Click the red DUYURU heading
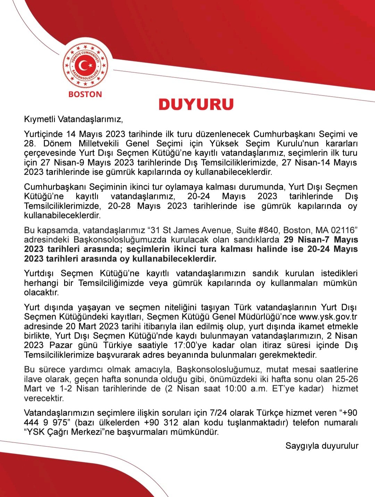(196, 104)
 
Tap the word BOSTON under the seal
(85, 94)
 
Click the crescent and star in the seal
(85, 66)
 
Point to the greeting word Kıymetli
(40, 119)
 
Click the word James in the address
(190, 230)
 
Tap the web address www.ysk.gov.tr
(328, 317)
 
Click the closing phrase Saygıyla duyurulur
(322, 446)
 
